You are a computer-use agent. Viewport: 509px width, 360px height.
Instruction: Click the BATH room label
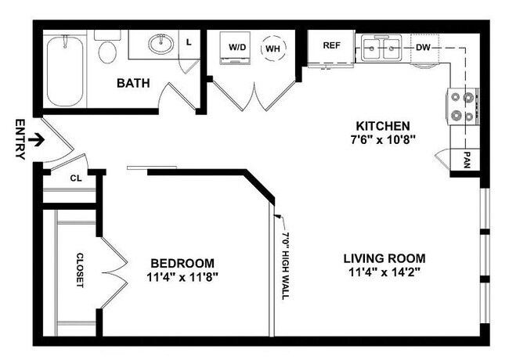pyautogui.click(x=134, y=82)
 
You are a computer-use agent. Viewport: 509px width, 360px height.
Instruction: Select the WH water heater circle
pyautogui.click(x=273, y=48)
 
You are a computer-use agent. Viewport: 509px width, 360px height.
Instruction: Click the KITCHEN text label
pyautogui.click(x=383, y=125)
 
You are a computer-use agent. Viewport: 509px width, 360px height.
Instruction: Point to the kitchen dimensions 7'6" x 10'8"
pyautogui.click(x=383, y=140)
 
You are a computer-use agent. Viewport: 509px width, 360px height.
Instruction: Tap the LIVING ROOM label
pyautogui.click(x=384, y=258)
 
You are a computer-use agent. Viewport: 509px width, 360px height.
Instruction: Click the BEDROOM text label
pyautogui.click(x=182, y=263)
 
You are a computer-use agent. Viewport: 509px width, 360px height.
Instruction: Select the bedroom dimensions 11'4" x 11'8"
pyautogui.click(x=182, y=277)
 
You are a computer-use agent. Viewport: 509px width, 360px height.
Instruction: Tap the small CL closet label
pyautogui.click(x=76, y=178)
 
